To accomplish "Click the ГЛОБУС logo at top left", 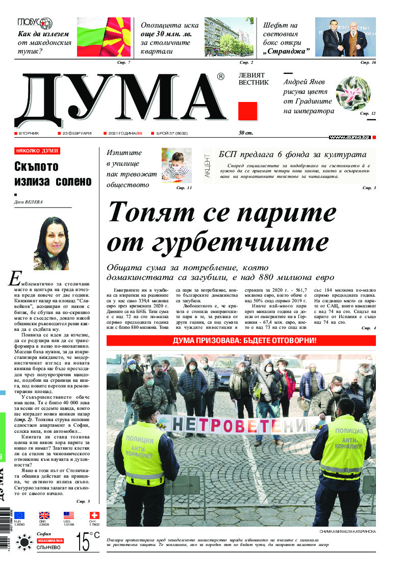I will (x=35, y=23).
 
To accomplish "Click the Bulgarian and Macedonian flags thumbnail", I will (x=104, y=37).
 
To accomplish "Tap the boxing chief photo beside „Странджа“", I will (x=345, y=37).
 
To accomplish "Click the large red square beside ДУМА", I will (x=248, y=111).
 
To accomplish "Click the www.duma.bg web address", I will (x=349, y=137).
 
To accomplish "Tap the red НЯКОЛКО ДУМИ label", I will (x=37, y=151).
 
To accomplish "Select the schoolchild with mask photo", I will (x=176, y=165).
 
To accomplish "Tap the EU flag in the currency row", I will (x=19, y=515).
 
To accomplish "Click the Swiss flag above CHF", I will (x=94, y=515).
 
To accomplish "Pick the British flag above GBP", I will (x=44, y=515).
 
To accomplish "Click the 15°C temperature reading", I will (x=88, y=541).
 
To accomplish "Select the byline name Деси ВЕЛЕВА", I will (x=29, y=202).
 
